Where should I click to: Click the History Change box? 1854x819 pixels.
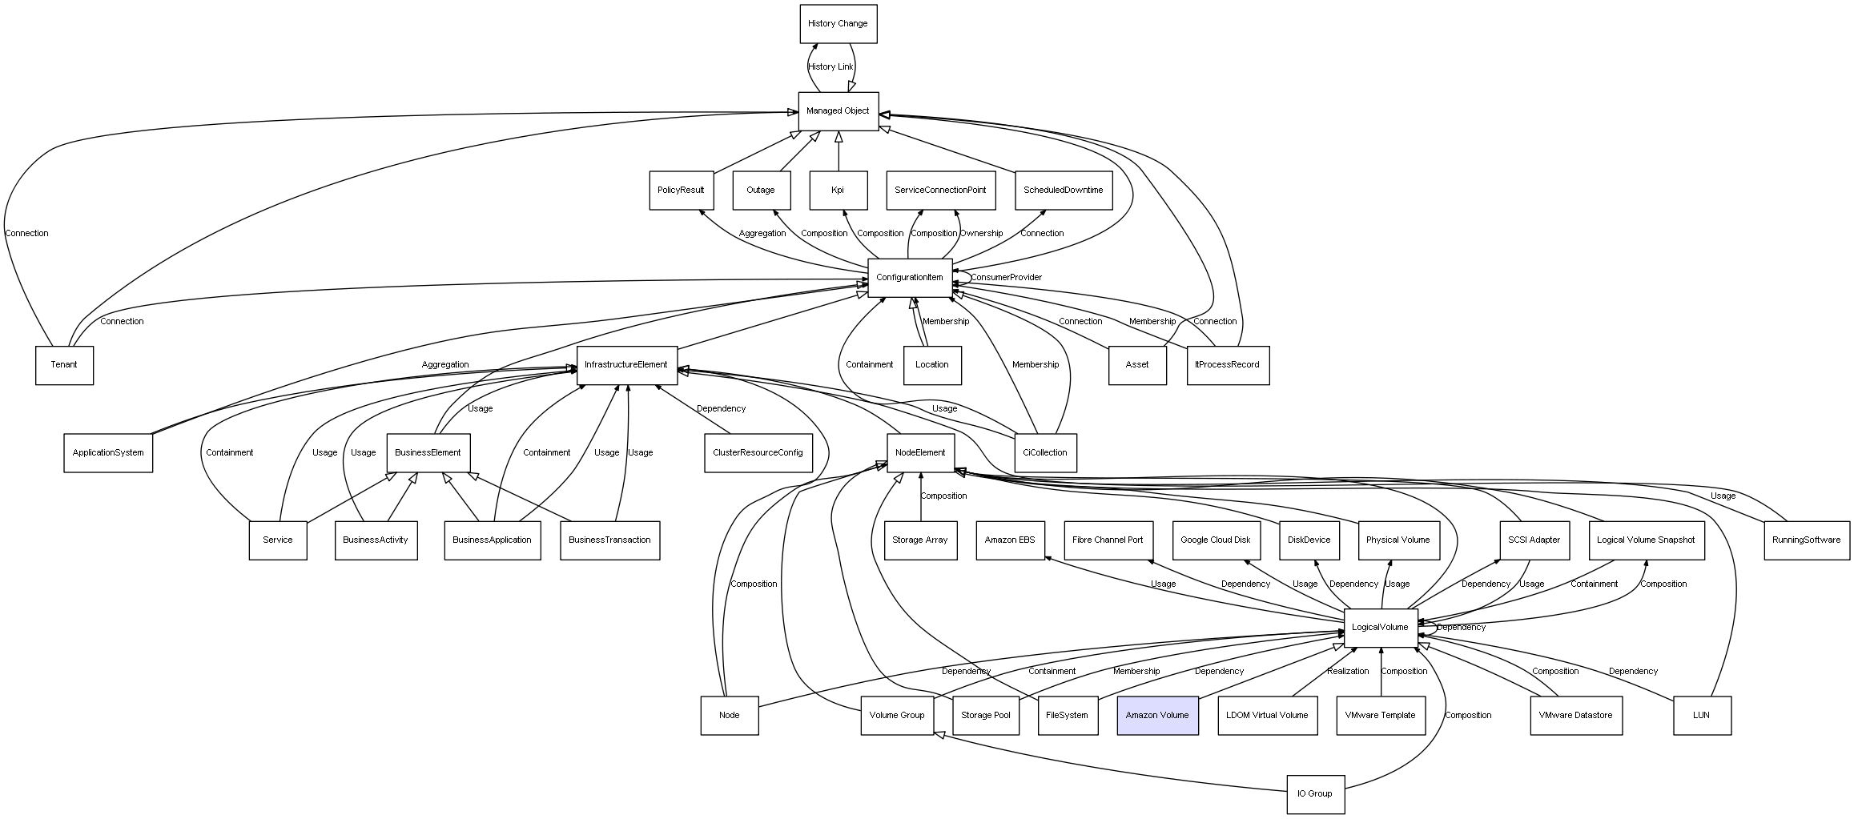(839, 24)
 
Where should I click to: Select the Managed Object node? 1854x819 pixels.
(839, 111)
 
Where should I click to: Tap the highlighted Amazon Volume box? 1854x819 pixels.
(1157, 715)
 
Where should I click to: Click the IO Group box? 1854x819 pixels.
(1315, 794)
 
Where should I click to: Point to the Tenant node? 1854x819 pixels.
(64, 365)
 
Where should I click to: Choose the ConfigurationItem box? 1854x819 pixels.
(910, 278)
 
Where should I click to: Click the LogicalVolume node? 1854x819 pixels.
(1380, 628)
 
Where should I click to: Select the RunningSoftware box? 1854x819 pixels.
(1807, 540)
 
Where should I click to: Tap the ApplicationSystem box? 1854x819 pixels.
(108, 453)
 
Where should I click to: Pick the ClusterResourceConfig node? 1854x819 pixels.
(758, 453)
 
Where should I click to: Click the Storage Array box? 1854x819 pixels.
(920, 540)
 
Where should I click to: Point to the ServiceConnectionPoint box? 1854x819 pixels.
(941, 191)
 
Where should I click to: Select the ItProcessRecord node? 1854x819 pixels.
(1228, 365)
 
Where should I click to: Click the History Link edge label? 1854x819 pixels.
(830, 67)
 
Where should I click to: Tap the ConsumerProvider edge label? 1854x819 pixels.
(1006, 278)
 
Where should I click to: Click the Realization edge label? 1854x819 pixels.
(1348, 672)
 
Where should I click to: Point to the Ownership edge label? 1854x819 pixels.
(981, 234)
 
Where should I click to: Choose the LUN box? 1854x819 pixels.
(1702, 715)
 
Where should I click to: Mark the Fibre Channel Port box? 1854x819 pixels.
(1108, 540)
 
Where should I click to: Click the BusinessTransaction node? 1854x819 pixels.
(609, 540)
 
